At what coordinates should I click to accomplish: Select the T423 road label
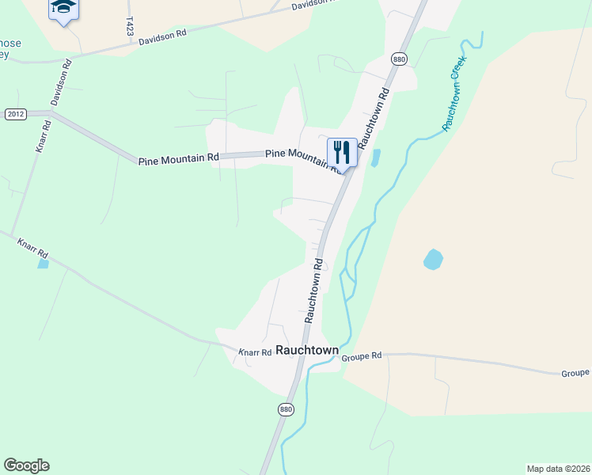[130, 25]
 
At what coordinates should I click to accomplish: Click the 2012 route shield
[15, 114]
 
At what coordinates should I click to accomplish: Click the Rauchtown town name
[306, 350]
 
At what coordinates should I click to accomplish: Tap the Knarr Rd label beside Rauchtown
[256, 351]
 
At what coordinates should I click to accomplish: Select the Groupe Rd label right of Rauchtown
[362, 356]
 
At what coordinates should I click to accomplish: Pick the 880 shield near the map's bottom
[286, 408]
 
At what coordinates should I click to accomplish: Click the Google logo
[26, 465]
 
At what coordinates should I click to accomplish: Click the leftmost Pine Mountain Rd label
[178, 159]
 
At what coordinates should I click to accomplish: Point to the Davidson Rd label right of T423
[162, 37]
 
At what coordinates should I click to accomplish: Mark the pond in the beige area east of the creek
[433, 259]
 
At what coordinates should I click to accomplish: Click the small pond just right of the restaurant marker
[375, 158]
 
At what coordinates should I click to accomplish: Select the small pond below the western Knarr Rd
[43, 264]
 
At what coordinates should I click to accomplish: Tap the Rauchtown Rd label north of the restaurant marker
[374, 119]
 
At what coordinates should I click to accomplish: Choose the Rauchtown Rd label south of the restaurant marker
[313, 290]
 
